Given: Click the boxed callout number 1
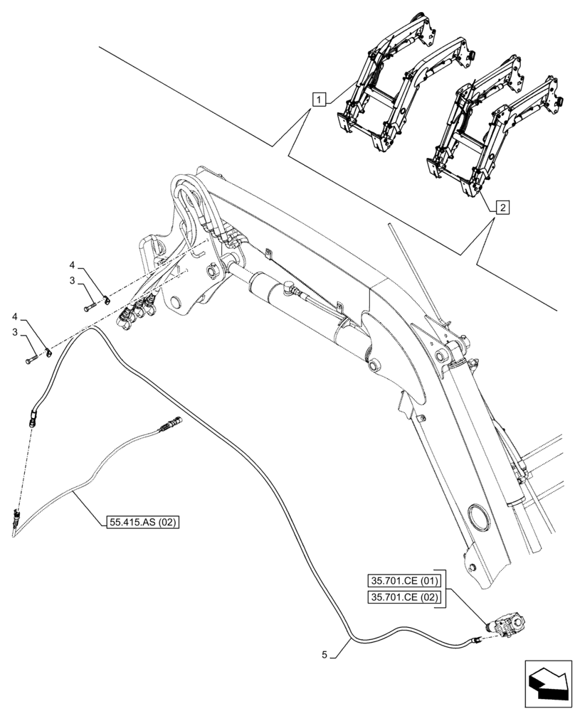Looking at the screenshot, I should pos(319,100).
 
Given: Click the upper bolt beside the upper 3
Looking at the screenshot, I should pos(91,306).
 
